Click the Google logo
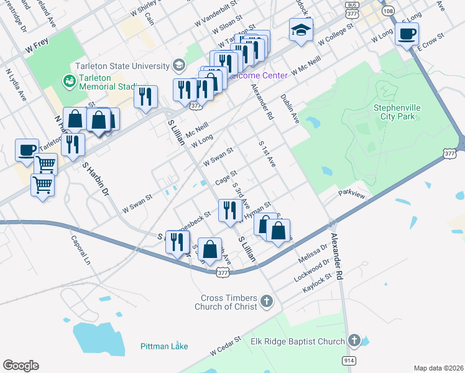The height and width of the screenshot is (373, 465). coord(21,366)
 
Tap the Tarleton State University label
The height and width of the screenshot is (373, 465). coord(122,66)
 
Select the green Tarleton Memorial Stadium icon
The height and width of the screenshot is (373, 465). coord(68,81)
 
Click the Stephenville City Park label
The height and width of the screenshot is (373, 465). coord(397,112)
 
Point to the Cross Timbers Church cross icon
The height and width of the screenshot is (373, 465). coord(266,302)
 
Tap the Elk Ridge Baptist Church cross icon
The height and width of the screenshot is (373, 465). coord(354,341)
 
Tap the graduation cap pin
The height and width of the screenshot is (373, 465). coord(300,30)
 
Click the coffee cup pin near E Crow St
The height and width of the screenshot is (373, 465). coord(407,34)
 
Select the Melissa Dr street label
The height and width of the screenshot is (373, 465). coord(313,251)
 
